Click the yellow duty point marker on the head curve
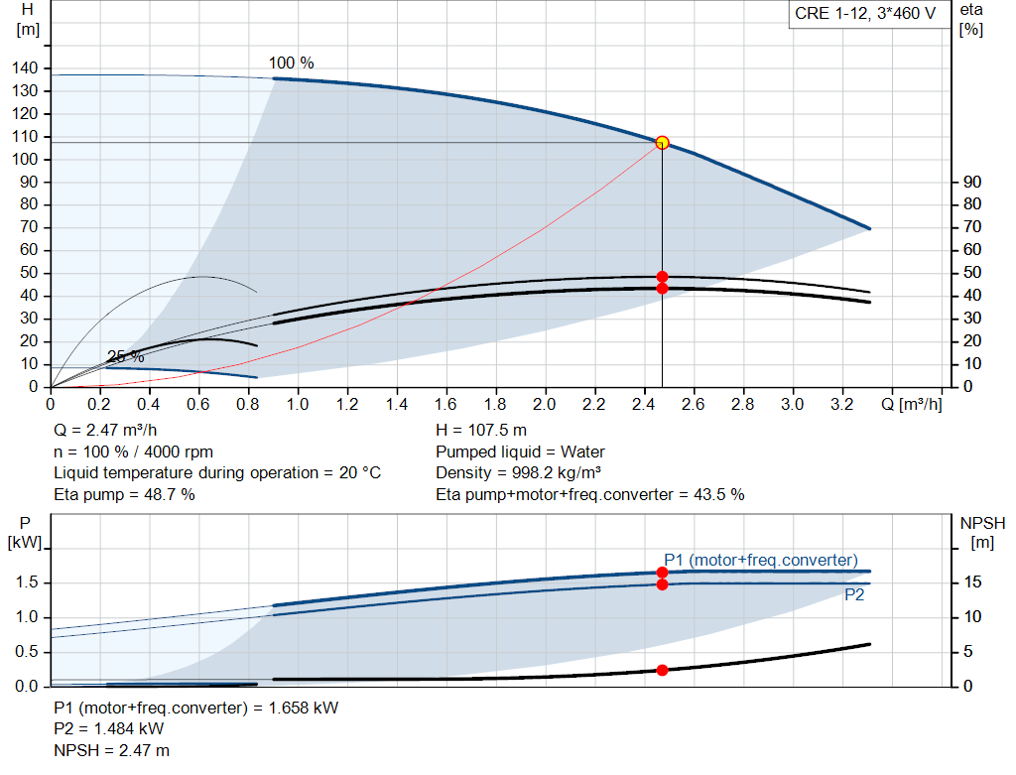tap(662, 143)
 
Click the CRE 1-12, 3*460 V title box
tap(864, 14)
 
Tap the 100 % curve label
tap(291, 64)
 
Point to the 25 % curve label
tap(125, 357)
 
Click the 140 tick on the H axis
tap(29, 68)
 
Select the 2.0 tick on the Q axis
tap(545, 405)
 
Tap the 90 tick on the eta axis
tap(972, 183)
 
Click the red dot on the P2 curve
tap(662, 583)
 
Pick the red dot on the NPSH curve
tap(662, 670)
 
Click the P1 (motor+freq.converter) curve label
tap(761, 560)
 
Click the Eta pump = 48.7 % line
tap(124, 494)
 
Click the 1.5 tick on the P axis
tap(27, 582)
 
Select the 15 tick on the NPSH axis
tap(973, 582)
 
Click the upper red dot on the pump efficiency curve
tap(662, 277)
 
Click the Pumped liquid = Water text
tap(520, 452)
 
